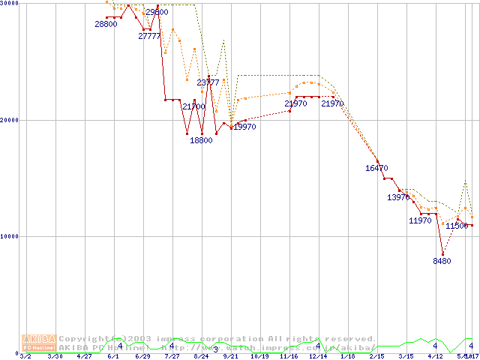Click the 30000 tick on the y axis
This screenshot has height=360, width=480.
[9, 4]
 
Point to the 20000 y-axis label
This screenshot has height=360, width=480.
[9, 120]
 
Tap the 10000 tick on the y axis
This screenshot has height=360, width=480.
[9, 236]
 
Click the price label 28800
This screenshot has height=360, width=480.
[106, 25]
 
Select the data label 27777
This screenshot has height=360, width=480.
[150, 36]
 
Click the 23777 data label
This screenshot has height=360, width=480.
[208, 82]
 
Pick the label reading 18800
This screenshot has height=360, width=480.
[201, 140]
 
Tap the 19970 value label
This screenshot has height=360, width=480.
[245, 127]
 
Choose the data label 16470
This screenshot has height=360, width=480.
[376, 169]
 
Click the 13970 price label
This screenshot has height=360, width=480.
[398, 198]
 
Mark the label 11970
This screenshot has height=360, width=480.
[420, 221]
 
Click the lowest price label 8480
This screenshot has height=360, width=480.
[442, 261]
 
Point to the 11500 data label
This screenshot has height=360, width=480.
[457, 226]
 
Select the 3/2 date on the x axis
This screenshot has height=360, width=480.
[25, 356]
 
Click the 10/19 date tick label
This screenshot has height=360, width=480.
[259, 356]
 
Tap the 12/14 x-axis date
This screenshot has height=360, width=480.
[318, 356]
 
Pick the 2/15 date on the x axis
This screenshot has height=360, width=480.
[376, 356]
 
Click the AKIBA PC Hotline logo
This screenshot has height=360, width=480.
[38, 343]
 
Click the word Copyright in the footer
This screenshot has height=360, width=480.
[84, 339]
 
